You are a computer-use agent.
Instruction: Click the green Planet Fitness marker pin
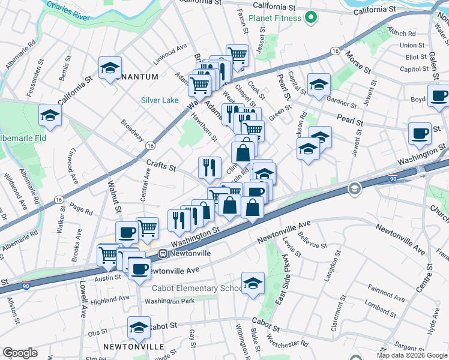click(310, 19)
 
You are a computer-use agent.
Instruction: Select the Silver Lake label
click(160, 100)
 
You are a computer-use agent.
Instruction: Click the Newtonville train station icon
click(162, 254)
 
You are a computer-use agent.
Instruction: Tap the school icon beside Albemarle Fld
click(50, 116)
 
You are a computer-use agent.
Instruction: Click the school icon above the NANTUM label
click(110, 68)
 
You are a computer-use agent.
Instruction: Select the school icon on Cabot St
click(139, 328)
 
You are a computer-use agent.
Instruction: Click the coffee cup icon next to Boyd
click(439, 96)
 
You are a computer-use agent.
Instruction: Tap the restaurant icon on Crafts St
click(209, 168)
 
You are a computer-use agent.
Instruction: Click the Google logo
click(20, 353)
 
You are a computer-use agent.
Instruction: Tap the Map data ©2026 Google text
click(412, 355)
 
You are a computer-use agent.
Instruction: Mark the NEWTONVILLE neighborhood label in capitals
click(133, 347)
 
